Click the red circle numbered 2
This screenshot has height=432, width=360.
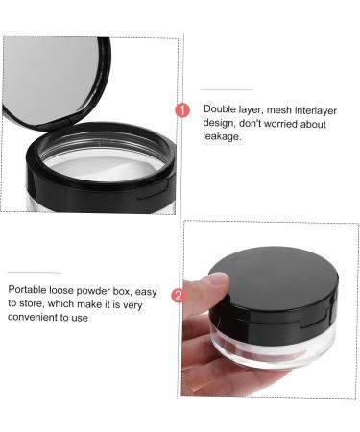177,296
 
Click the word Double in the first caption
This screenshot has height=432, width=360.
220,108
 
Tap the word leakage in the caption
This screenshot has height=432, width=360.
223,135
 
